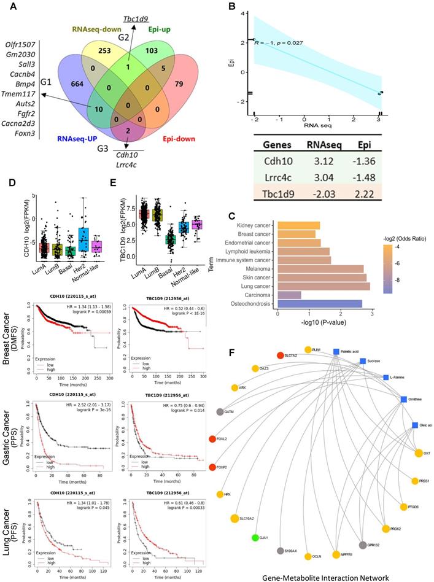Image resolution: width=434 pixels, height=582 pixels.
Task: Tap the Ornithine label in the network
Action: coord(420,399)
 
